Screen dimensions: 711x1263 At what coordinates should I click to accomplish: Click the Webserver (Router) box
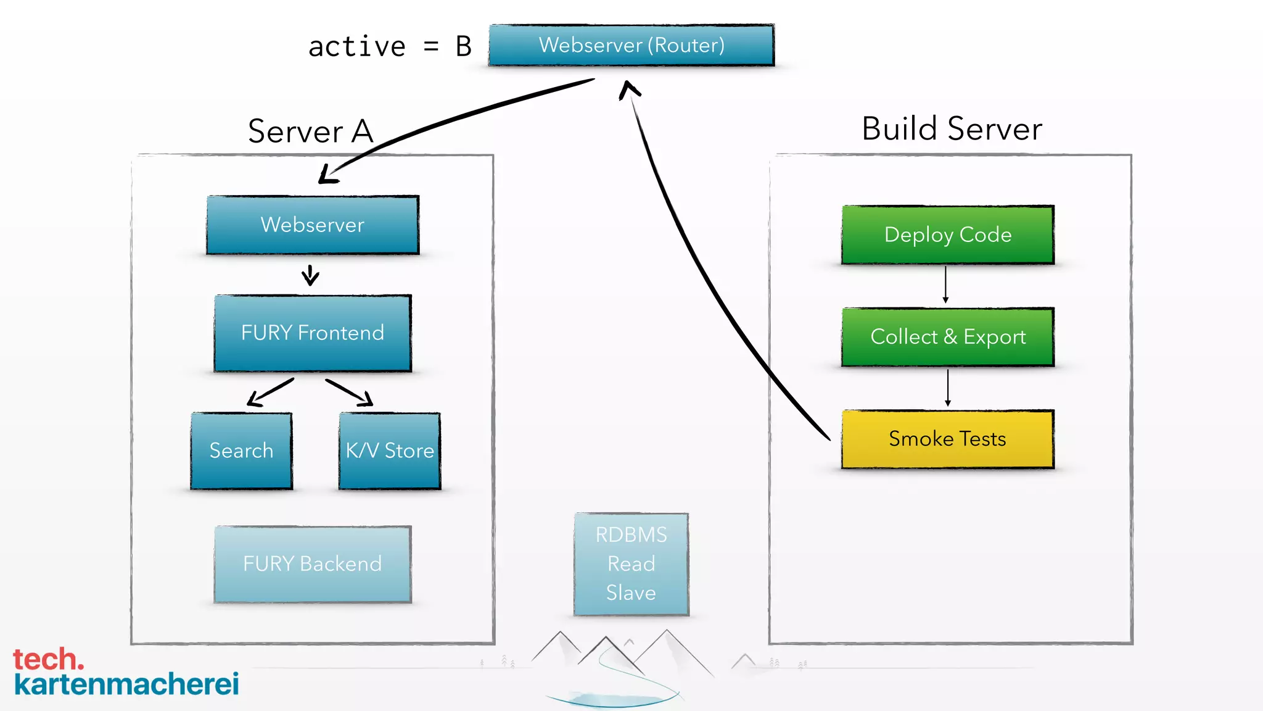pyautogui.click(x=631, y=45)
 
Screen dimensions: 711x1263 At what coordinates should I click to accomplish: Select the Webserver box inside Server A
pyautogui.click(x=313, y=225)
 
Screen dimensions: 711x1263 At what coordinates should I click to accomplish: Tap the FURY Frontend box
pyautogui.click(x=313, y=333)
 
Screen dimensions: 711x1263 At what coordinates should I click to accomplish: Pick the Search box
pyautogui.click(x=241, y=451)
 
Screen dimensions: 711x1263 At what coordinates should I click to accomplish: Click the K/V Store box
pyautogui.click(x=390, y=451)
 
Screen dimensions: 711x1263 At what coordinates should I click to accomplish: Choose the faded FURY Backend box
pyautogui.click(x=313, y=564)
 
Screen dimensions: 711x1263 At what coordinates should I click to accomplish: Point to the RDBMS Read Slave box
pyautogui.click(x=631, y=564)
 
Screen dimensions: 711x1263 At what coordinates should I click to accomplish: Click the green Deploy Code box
pyautogui.click(x=948, y=235)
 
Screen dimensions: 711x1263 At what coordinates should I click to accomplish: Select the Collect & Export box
pyautogui.click(x=948, y=337)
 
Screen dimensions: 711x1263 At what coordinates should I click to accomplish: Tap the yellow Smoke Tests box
pyautogui.click(x=948, y=439)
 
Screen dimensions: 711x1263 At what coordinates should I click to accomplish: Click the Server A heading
pyautogui.click(x=310, y=131)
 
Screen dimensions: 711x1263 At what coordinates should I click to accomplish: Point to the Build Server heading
pyautogui.click(x=952, y=129)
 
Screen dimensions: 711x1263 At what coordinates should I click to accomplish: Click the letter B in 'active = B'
pyautogui.click(x=464, y=47)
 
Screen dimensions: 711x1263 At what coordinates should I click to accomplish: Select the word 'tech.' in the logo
pyautogui.click(x=48, y=660)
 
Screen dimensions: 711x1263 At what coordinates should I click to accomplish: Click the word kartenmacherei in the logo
pyautogui.click(x=126, y=684)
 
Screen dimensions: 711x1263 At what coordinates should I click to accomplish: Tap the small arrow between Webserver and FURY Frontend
pyautogui.click(x=310, y=275)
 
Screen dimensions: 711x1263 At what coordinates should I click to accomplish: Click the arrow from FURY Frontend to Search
pyautogui.click(x=269, y=393)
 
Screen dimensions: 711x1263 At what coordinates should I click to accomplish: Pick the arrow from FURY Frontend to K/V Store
pyautogui.click(x=349, y=392)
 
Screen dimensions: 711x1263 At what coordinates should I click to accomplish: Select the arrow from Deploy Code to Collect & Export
pyautogui.click(x=945, y=285)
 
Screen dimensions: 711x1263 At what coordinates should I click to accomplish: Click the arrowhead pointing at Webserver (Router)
pyautogui.click(x=629, y=89)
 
